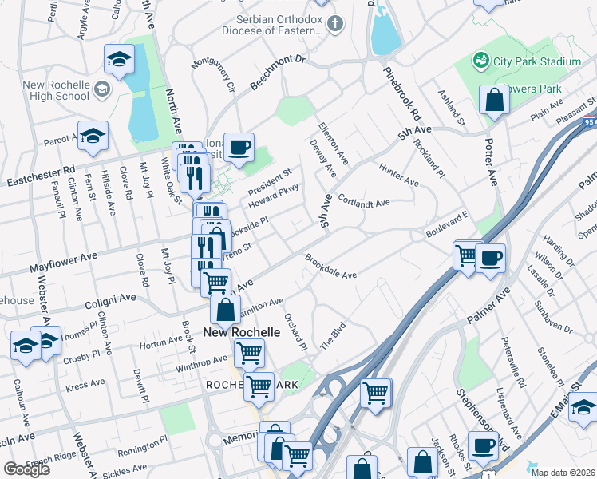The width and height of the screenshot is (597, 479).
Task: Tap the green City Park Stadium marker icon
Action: pos(480,61)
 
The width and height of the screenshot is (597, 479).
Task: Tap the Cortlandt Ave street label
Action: pos(363,201)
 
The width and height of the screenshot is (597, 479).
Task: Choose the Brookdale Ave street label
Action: pos(330,267)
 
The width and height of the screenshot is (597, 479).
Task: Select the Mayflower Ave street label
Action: pos(62,263)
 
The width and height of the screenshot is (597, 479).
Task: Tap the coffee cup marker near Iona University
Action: pos(239,146)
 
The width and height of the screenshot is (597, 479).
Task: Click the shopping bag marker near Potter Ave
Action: pos(494,100)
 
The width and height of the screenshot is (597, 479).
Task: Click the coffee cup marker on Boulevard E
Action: pos(490,258)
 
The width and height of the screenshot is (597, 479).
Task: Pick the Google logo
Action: pos(26,469)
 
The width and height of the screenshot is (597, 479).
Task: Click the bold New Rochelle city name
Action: pos(241,331)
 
